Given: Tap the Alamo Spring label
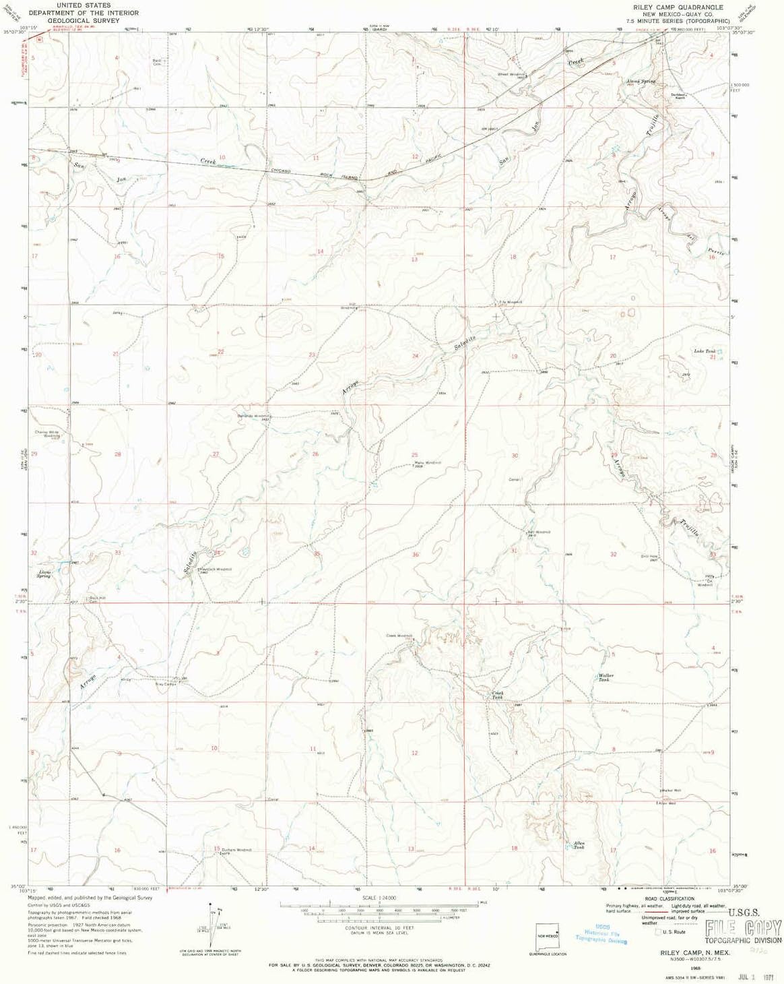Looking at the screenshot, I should point(640,82).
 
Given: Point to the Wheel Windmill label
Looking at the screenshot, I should point(511,73).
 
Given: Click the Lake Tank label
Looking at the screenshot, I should point(705,351).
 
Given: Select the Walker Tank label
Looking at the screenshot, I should point(606,677).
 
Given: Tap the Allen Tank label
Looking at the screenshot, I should point(579,845).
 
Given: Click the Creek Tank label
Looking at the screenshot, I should point(497,694).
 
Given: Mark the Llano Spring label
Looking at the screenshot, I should point(44,574).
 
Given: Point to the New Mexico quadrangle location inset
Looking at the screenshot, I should point(547,937).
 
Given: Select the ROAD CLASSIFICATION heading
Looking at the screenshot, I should point(669,898).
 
